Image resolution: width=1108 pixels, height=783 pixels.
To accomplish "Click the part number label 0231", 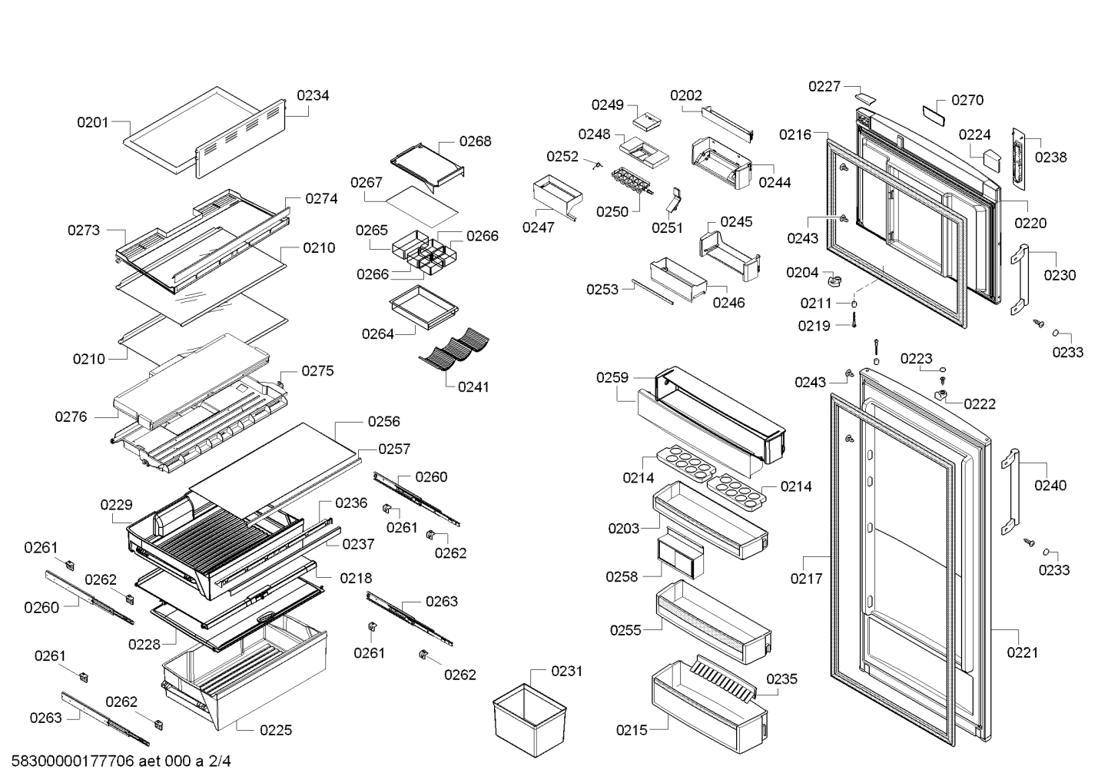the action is click(566, 672).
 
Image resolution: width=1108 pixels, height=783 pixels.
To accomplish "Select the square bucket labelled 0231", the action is click(529, 720).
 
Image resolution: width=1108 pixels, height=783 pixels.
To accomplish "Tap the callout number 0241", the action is click(473, 387).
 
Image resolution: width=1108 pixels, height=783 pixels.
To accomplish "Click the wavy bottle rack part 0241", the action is click(453, 348).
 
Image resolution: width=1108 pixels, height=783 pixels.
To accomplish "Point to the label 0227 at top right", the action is click(824, 87).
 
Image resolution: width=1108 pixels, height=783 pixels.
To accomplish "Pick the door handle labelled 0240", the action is click(1010, 492).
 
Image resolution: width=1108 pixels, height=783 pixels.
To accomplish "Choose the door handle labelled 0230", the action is click(1020, 280).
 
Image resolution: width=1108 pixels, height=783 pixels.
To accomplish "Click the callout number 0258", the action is click(622, 577).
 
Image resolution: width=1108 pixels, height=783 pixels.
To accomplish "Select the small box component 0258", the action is click(681, 553).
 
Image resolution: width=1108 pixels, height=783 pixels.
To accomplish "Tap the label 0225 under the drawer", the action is click(276, 730).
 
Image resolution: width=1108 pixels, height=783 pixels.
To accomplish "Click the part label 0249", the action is click(608, 105).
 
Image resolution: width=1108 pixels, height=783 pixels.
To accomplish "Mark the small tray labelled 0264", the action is click(424, 307).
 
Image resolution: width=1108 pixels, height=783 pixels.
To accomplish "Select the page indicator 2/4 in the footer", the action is click(220, 761).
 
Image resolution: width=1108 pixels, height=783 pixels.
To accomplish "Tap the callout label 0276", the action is click(71, 417).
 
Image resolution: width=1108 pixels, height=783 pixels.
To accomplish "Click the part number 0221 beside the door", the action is click(1023, 653).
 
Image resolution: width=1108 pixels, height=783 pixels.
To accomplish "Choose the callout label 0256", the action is click(384, 421).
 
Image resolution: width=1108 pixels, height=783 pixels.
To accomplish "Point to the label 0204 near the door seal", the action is click(802, 273).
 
